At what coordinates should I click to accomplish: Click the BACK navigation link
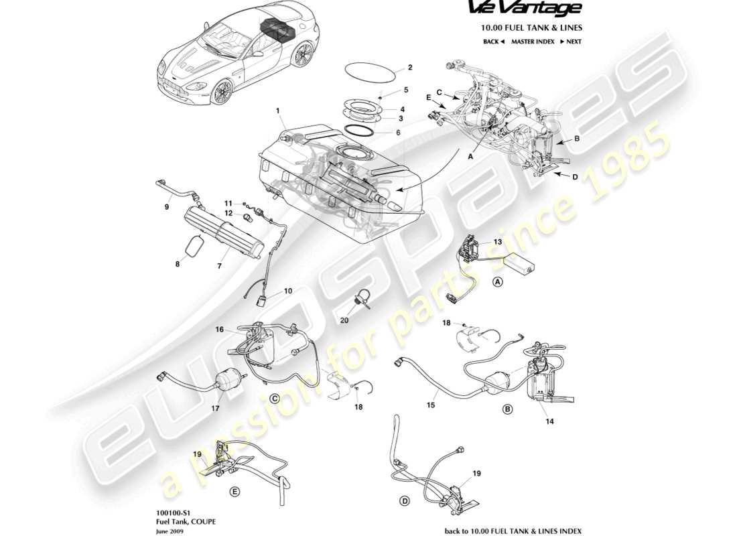pyautogui.click(x=493, y=42)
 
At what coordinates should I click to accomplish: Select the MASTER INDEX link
pyautogui.click(x=532, y=42)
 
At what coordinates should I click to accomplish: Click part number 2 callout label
pyautogui.click(x=410, y=68)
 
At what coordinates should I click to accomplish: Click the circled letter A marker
pyautogui.click(x=498, y=282)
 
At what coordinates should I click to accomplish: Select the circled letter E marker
pyautogui.click(x=234, y=491)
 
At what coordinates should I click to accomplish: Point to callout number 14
pyautogui.click(x=550, y=422)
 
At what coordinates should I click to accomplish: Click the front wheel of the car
pyautogui.click(x=221, y=92)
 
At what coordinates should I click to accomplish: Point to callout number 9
pyautogui.click(x=167, y=207)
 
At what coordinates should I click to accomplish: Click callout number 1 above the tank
pyautogui.click(x=277, y=109)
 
